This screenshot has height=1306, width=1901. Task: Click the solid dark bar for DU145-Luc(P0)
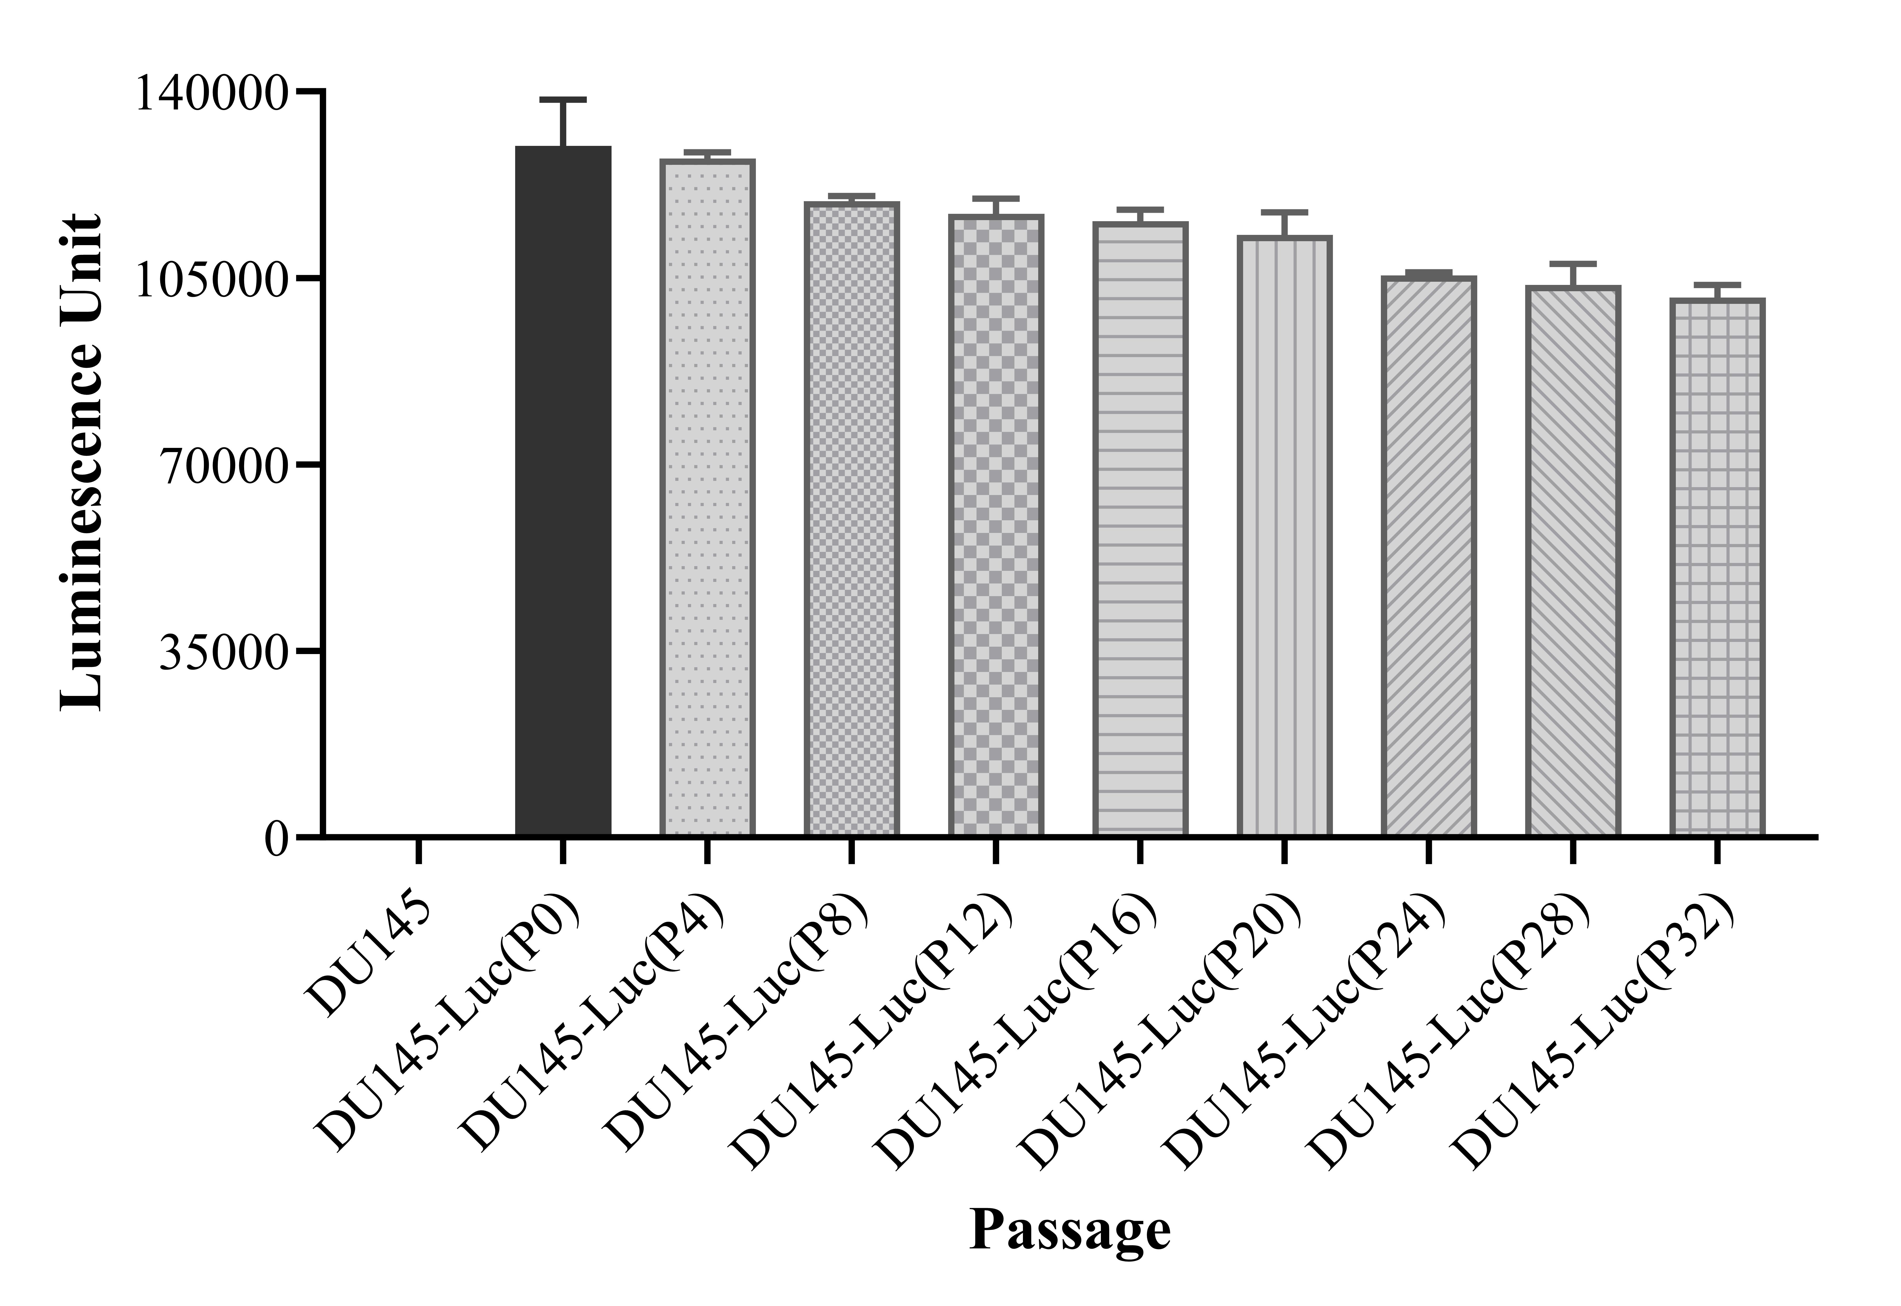coord(563,491)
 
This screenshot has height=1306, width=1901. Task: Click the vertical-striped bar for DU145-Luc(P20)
coord(1284,536)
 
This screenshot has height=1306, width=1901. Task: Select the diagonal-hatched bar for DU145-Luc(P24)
coord(1428,556)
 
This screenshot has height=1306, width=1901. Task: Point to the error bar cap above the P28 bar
coord(1572,264)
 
